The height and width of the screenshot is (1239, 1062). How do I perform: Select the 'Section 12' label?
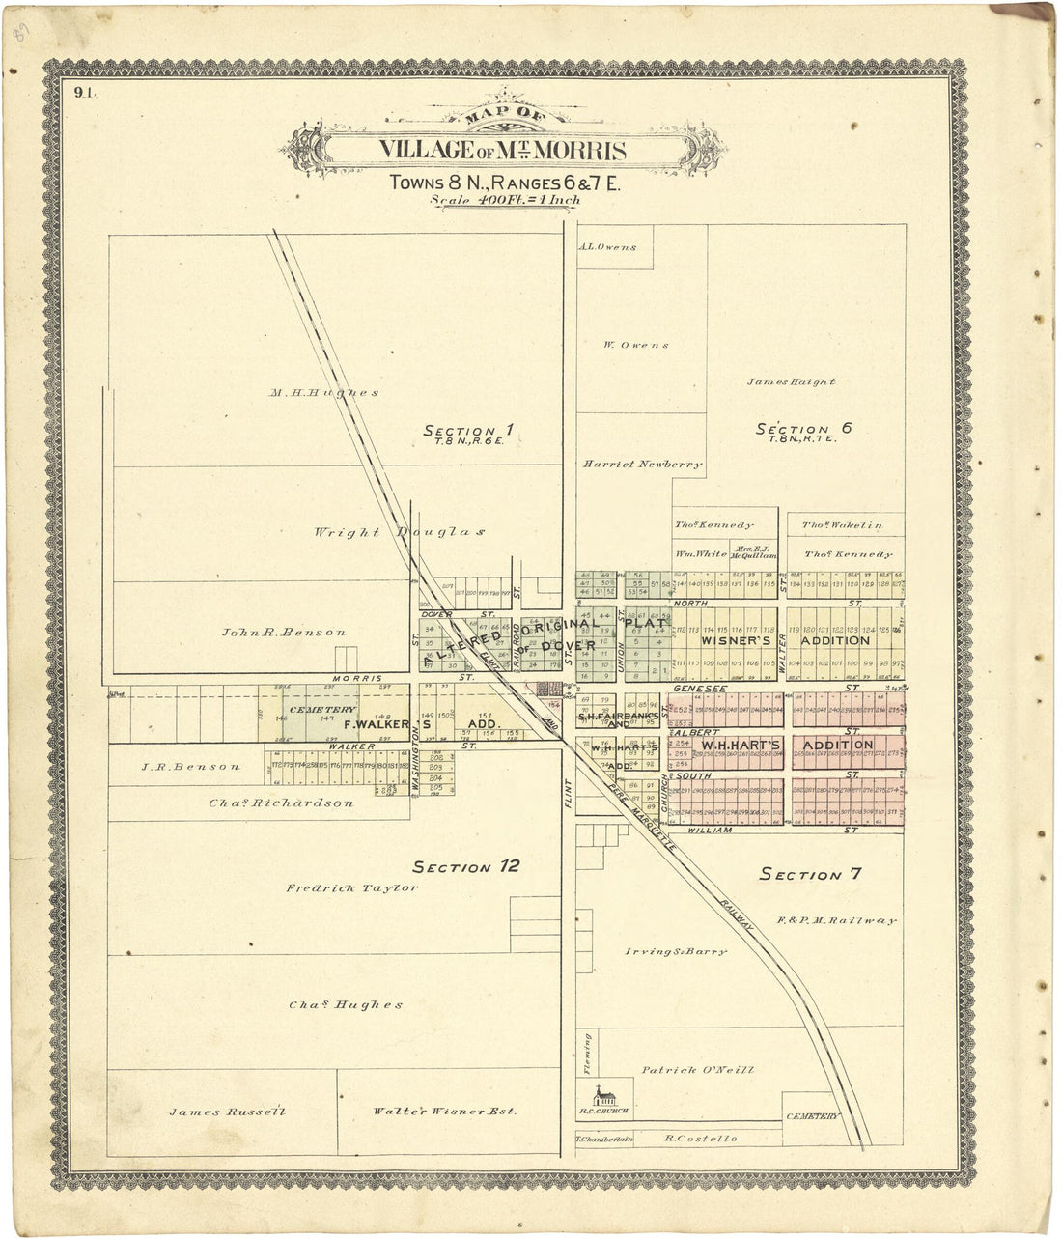coord(466,866)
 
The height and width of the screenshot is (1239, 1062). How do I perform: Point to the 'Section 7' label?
coord(810,874)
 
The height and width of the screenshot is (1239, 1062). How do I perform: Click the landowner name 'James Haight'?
coord(791,381)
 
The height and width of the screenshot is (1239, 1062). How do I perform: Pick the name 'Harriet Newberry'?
coord(642,465)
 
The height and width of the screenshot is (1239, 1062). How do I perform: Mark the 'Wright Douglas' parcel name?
coord(398,532)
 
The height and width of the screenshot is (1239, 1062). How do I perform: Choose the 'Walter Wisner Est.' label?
coord(444,1112)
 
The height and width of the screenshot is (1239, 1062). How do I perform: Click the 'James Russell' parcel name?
coord(228,1112)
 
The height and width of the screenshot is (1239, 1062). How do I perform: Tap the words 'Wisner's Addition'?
coord(784,640)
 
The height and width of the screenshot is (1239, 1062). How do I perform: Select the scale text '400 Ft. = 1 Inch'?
coord(506,201)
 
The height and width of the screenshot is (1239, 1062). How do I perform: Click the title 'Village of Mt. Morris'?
coord(502,151)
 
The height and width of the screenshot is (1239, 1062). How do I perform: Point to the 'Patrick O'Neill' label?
coord(697,1070)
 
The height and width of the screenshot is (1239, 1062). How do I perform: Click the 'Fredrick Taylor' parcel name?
coord(351,887)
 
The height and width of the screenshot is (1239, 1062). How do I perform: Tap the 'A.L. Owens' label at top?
coord(607,247)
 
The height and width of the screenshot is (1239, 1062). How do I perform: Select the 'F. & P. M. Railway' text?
coord(836,921)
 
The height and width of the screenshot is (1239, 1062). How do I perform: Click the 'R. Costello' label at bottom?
coord(700,1139)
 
